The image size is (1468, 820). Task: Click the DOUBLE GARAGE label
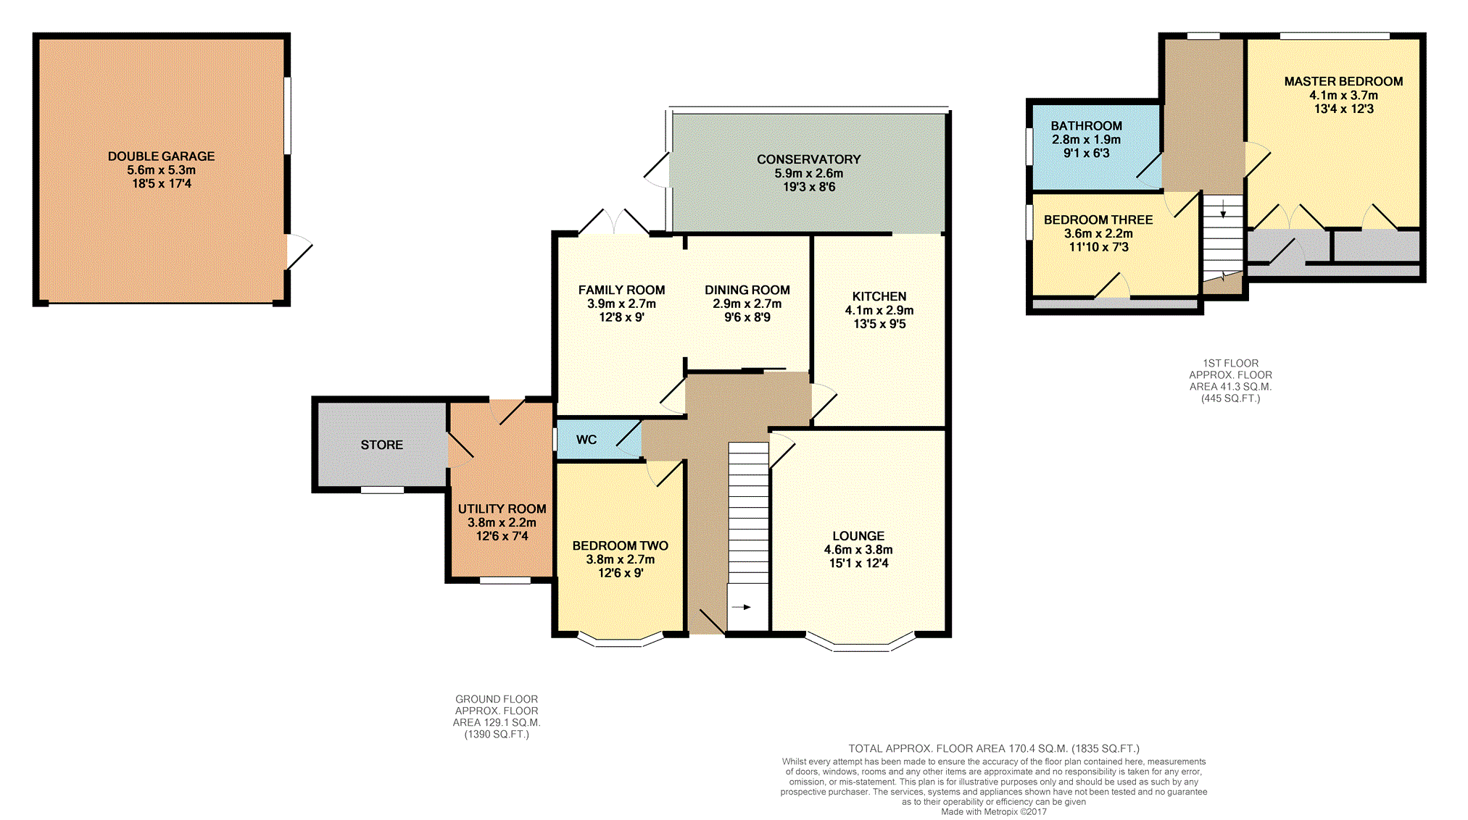pyautogui.click(x=161, y=156)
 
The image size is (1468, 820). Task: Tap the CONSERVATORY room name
pyautogui.click(x=809, y=159)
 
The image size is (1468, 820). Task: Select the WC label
pyautogui.click(x=586, y=440)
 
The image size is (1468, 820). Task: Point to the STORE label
pyautogui.click(x=382, y=445)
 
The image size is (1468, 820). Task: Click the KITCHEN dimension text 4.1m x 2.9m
pyautogui.click(x=879, y=310)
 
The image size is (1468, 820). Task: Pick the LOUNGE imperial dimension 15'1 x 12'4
pyautogui.click(x=858, y=564)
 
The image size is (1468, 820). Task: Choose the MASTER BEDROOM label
pyautogui.click(x=1343, y=82)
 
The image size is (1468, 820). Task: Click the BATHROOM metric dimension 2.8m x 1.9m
pyautogui.click(x=1086, y=140)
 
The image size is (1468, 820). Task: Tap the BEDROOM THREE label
pyautogui.click(x=1098, y=220)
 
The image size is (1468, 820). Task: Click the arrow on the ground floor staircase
pyautogui.click(x=742, y=607)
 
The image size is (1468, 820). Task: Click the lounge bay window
pyautogui.click(x=861, y=643)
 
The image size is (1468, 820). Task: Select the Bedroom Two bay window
pyautogui.click(x=620, y=640)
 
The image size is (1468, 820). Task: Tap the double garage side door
pyautogui.click(x=299, y=251)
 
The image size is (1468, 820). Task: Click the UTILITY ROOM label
pyautogui.click(x=502, y=509)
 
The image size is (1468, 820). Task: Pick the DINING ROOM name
pyautogui.click(x=747, y=290)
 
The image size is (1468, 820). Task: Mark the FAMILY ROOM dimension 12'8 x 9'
pyautogui.click(x=621, y=317)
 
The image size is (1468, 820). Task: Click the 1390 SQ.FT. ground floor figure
pyautogui.click(x=497, y=735)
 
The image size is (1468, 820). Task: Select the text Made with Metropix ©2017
pyautogui.click(x=994, y=812)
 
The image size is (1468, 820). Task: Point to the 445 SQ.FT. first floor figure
pyautogui.click(x=1231, y=398)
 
